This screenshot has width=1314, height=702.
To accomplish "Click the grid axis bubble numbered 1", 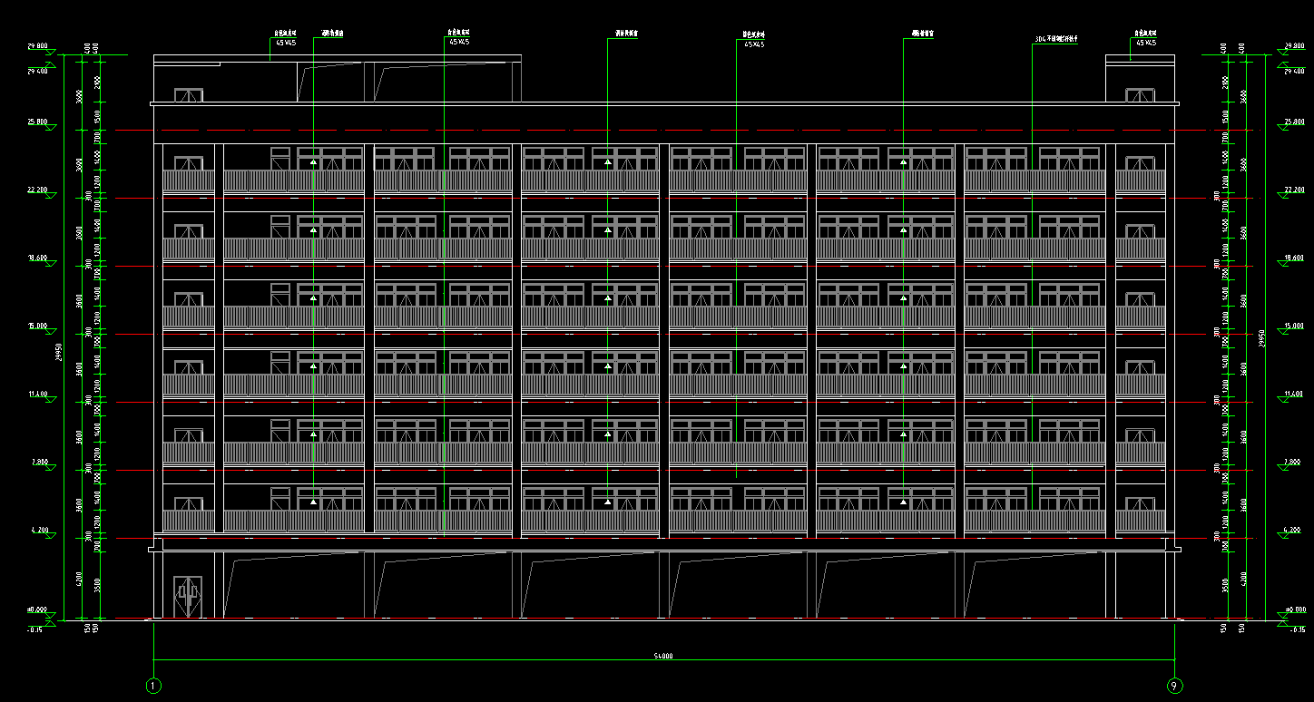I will point(153,686).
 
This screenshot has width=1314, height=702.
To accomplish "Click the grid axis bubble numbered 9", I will point(1174,686).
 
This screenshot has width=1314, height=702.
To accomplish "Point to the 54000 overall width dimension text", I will point(663,656).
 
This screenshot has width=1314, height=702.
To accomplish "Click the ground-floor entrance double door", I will point(188,597).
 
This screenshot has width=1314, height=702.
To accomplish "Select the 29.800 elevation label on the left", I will point(37,45).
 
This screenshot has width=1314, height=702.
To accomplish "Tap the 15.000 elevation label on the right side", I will point(1293,326).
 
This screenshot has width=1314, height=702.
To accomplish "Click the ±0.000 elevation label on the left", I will point(37,610).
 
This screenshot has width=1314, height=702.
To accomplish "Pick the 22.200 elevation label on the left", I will point(38,190).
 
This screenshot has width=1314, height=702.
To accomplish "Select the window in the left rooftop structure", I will point(188,95).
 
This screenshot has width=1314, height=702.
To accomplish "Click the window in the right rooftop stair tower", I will point(1139,95).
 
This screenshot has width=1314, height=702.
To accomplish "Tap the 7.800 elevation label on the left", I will point(39,462).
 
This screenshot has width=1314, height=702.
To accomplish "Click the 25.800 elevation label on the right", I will point(1293,122).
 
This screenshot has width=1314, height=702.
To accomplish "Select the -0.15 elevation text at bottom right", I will point(1298,629).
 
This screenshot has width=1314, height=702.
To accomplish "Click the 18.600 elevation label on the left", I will point(37,258).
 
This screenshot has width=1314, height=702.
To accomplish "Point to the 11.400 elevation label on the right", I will point(1293,395).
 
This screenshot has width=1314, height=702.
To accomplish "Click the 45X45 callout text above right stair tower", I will point(1144,43).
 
